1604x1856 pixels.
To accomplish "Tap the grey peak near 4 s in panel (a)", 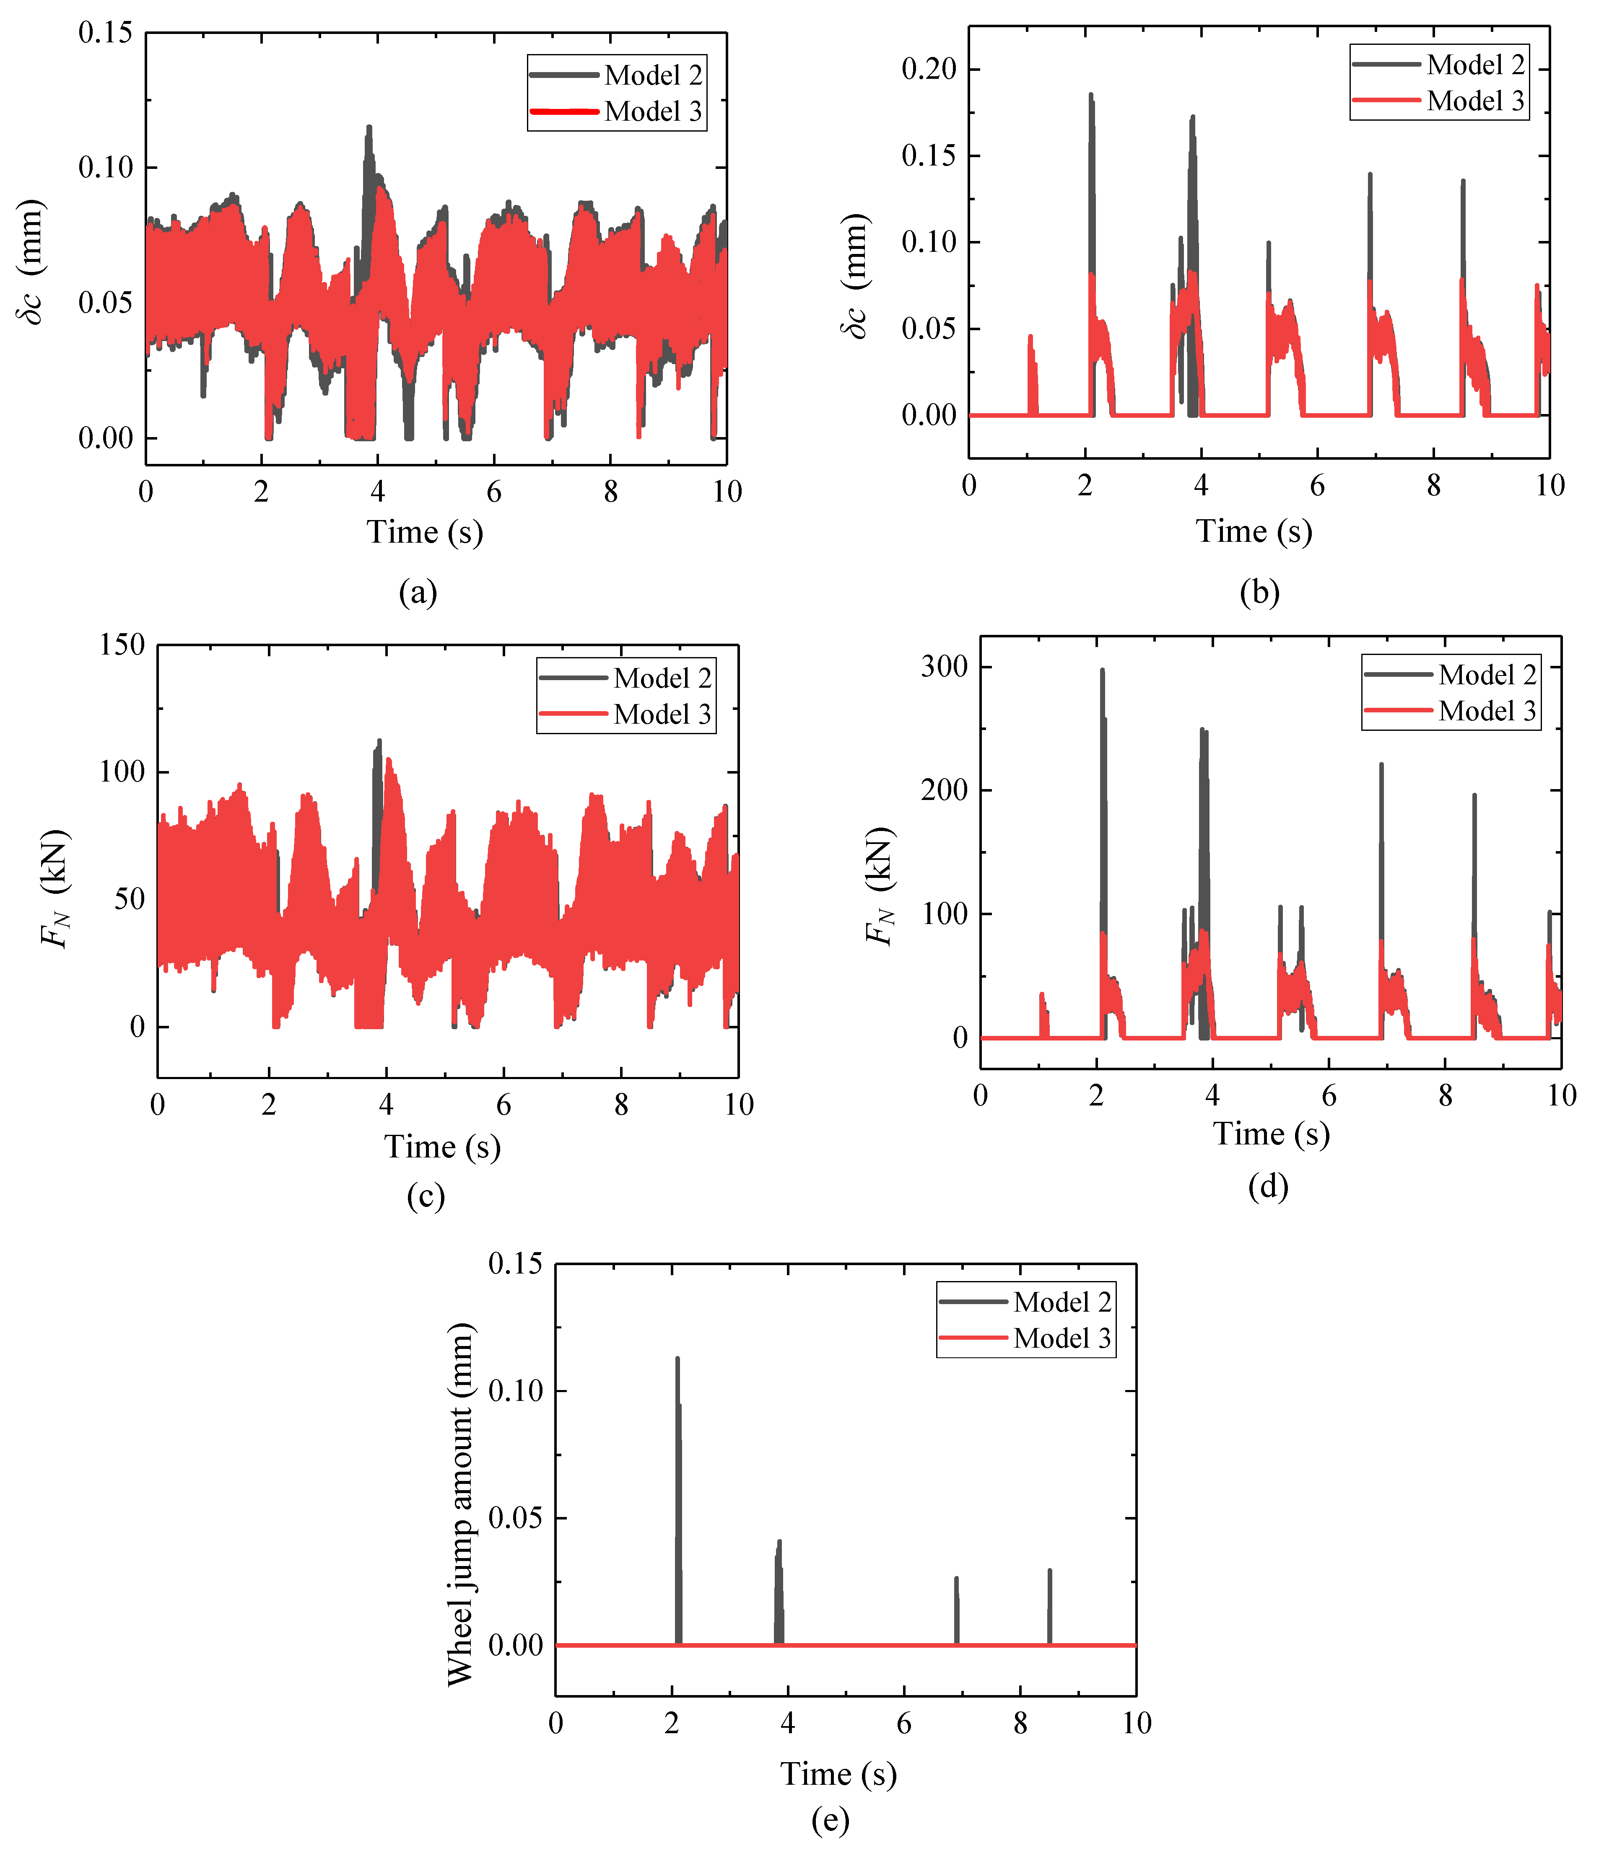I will click(368, 128).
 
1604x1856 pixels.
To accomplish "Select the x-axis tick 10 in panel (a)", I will click(727, 492).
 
